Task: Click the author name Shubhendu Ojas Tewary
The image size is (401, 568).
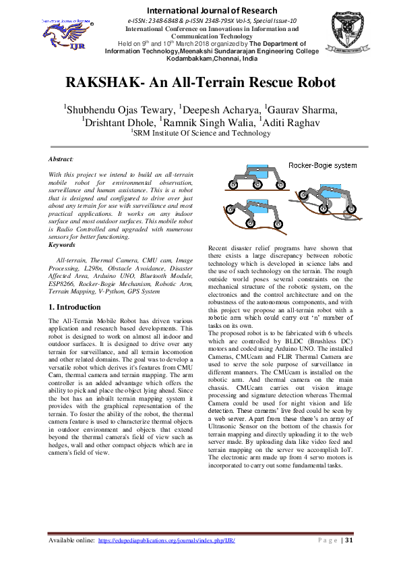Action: [x=112, y=111]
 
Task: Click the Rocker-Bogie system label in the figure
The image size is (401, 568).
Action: [x=322, y=165]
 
